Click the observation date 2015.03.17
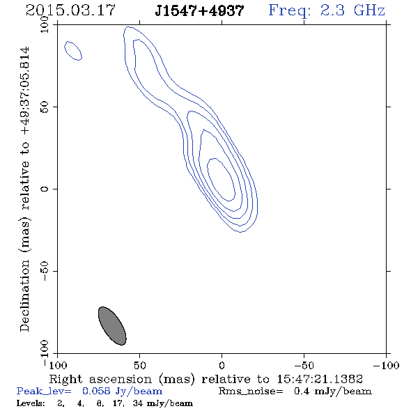coord(70,10)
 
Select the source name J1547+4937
coord(199,11)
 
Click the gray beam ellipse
coord(112,326)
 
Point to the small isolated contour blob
coord(73,51)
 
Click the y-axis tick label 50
coord(45,107)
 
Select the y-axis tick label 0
coord(45,189)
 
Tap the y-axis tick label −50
coord(45,271)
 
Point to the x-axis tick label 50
coord(139,365)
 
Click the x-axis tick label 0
coord(222,365)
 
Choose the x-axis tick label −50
coord(304,365)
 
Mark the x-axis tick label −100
coord(386,365)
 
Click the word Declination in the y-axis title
coord(24,295)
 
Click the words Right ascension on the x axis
coord(100,379)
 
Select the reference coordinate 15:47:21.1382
coord(320,379)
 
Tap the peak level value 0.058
coord(96,391)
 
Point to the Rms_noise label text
coord(251,391)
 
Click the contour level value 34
coord(138,403)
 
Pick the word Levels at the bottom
coord(31,403)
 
